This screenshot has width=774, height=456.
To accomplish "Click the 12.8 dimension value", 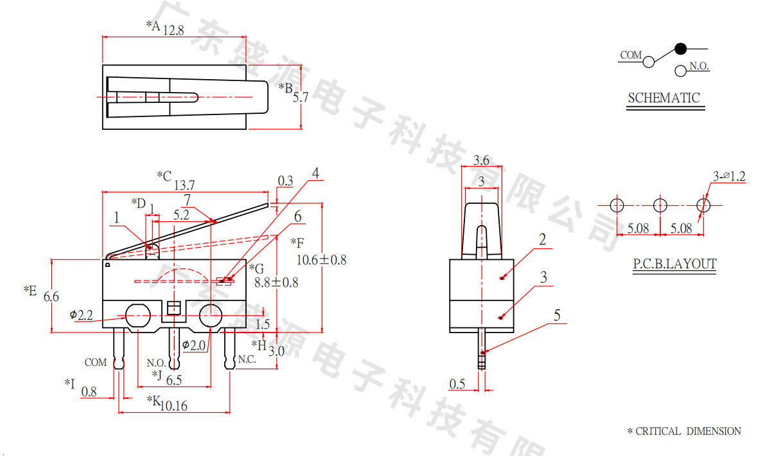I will coord(173,30).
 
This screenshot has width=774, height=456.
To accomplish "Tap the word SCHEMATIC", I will coord(664,98).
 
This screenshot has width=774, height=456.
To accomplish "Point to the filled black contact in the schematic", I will coord(681,48).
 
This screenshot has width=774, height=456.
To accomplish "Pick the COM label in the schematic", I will coord(631,55).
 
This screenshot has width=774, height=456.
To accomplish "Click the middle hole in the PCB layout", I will coord(660,206).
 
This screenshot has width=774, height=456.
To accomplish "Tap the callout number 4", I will coord(315,173).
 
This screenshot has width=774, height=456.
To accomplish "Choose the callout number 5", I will coord(556,315).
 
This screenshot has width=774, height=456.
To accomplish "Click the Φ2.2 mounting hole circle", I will coord(137,316).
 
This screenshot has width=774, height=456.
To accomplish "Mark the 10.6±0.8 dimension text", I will coord(321,260).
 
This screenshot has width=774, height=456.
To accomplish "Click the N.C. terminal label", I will coord(247,360).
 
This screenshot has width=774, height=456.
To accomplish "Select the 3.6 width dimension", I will coord(482,160).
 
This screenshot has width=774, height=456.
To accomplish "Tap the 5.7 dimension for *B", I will coord(301,98).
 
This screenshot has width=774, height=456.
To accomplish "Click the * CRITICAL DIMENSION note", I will coord(683,432).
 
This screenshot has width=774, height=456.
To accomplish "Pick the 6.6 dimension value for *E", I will coord(51,297).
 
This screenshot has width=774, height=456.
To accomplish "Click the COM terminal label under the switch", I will coord(96,363).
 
